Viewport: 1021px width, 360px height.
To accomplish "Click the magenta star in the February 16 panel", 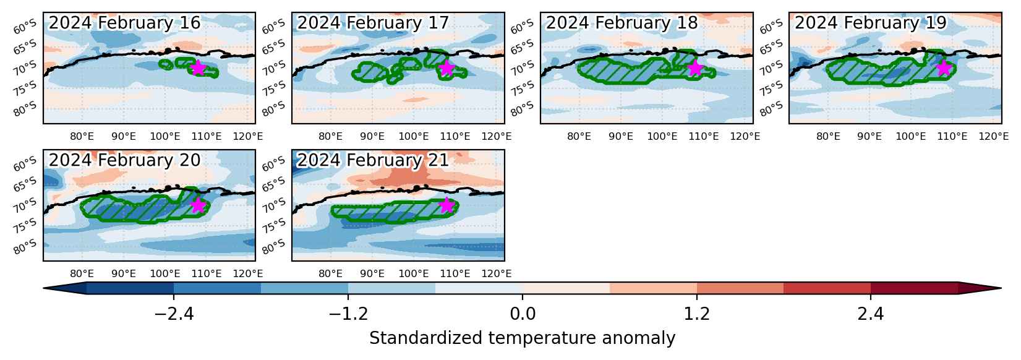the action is point(198,68).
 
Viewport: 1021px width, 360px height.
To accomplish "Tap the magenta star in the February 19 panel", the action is point(944,68).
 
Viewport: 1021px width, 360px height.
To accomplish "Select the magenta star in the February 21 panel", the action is point(446,205).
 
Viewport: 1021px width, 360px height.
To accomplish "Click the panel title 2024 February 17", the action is point(373,23).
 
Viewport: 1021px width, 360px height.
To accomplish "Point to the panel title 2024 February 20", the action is point(124,160).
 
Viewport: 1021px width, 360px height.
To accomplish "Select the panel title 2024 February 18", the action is point(622,23).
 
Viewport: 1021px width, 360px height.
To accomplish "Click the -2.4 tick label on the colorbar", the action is point(174,314).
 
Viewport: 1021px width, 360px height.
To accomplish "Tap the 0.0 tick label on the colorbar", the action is point(523,314).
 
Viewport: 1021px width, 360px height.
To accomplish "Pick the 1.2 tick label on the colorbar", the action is point(697,314).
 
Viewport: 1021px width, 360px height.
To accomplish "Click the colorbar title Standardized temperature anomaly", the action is point(523,338).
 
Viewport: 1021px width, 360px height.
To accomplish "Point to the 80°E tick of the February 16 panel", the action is point(82,136).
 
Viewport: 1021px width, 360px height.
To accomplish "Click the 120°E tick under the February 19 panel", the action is point(994,136).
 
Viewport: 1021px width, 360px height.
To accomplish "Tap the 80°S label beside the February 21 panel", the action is point(273,247).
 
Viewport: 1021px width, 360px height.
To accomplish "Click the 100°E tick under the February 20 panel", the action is point(165,273).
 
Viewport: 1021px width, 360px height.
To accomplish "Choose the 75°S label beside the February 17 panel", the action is point(273,88).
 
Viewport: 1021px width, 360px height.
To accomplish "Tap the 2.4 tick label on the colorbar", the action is point(871,314).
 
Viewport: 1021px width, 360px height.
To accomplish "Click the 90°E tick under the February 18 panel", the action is point(621,136).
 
